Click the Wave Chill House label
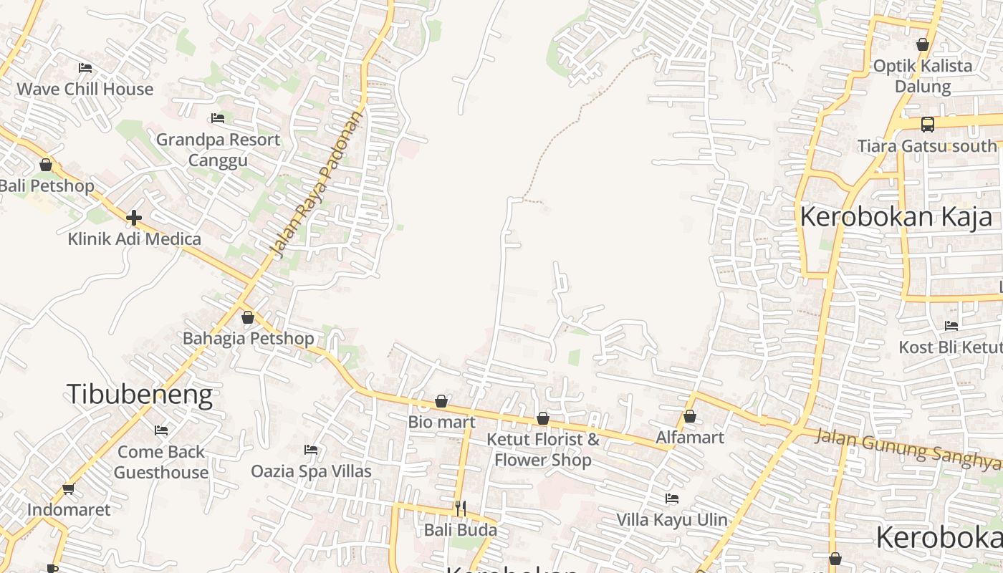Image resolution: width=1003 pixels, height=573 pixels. pyautogui.click(x=85, y=90)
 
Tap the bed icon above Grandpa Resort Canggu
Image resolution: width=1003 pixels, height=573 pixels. pyautogui.click(x=218, y=118)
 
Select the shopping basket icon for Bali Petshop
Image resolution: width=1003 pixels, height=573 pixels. pyautogui.click(x=46, y=165)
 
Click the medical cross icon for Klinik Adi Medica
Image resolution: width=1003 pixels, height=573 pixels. pyautogui.click(x=134, y=218)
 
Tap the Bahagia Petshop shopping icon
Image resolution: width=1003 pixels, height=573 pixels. pyautogui.click(x=248, y=317)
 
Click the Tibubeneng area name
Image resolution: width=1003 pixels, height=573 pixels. pyautogui.click(x=139, y=395)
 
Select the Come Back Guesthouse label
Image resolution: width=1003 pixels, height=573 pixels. pyautogui.click(x=161, y=462)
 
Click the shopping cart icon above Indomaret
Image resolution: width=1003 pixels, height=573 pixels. pyautogui.click(x=68, y=489)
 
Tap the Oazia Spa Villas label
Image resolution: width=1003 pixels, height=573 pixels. pyautogui.click(x=311, y=471)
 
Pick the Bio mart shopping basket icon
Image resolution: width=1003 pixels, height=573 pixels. pyautogui.click(x=441, y=401)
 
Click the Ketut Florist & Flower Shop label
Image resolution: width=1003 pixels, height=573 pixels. pyautogui.click(x=543, y=449)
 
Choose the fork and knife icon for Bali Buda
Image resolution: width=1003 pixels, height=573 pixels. pyautogui.click(x=461, y=509)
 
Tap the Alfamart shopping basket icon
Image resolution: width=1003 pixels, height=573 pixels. pyautogui.click(x=690, y=416)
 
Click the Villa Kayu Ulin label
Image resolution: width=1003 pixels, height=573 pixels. pyautogui.click(x=672, y=519)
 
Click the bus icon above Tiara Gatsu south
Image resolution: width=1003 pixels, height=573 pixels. pyautogui.click(x=928, y=125)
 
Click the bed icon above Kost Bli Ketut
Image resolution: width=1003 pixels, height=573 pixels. pyautogui.click(x=951, y=326)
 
